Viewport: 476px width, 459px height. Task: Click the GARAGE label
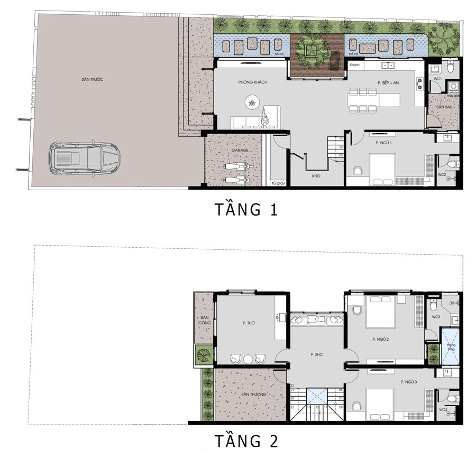[x=240, y=150]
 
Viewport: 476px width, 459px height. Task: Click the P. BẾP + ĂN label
[x=388, y=83]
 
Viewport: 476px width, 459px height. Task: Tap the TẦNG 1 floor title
[x=246, y=209]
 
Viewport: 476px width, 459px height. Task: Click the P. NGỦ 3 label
[x=409, y=381]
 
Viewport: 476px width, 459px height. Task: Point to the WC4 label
[x=442, y=409]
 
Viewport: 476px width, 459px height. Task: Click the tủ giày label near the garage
[x=276, y=183]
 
